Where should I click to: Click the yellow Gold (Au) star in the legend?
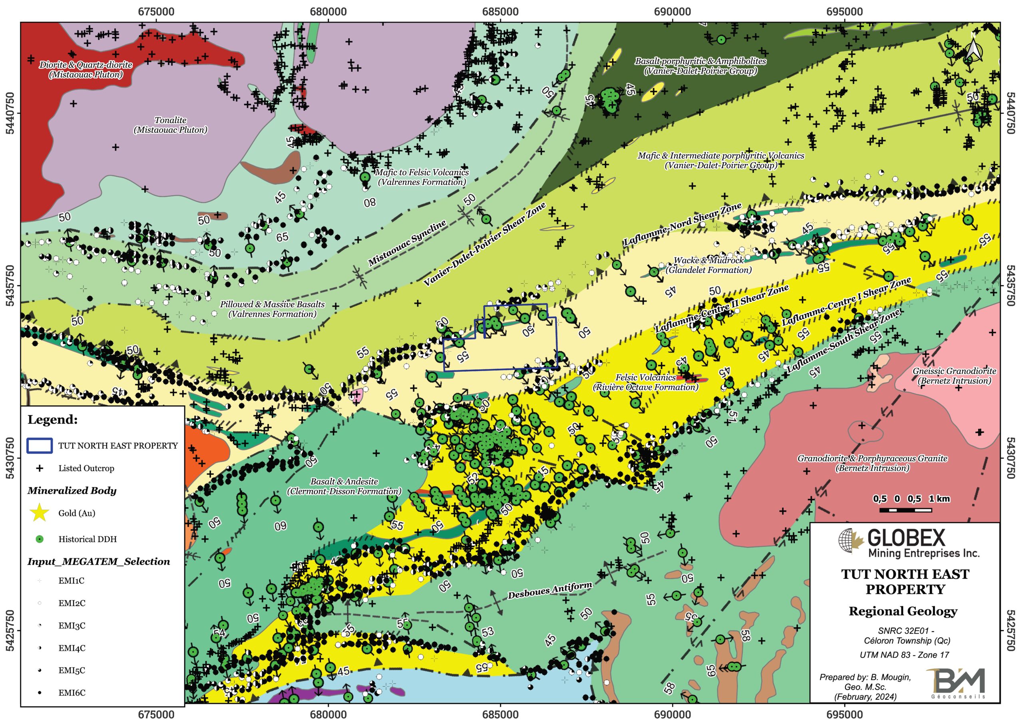tap(40, 513)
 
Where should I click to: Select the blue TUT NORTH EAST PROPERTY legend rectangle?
tap(40, 446)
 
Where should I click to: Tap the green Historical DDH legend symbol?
tap(40, 539)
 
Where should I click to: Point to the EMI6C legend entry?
tap(40, 693)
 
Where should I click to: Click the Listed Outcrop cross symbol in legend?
tap(40, 468)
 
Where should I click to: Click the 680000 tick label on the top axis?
tap(328, 12)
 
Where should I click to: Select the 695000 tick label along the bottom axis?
tap(844, 715)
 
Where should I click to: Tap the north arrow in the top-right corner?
tap(973, 51)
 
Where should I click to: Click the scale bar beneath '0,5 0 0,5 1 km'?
tap(906, 510)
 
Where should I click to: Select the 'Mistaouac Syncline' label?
tap(407, 243)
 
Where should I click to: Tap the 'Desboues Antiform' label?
tap(550, 590)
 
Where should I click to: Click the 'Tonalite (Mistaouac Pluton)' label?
tap(170, 125)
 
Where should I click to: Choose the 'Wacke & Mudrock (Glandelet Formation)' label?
tap(709, 265)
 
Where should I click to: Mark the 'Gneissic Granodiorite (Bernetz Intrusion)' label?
tap(954, 376)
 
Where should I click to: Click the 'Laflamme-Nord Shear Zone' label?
tap(682, 224)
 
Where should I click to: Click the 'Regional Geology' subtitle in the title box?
tap(903, 611)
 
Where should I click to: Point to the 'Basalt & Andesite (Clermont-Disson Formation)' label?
tap(344, 486)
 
